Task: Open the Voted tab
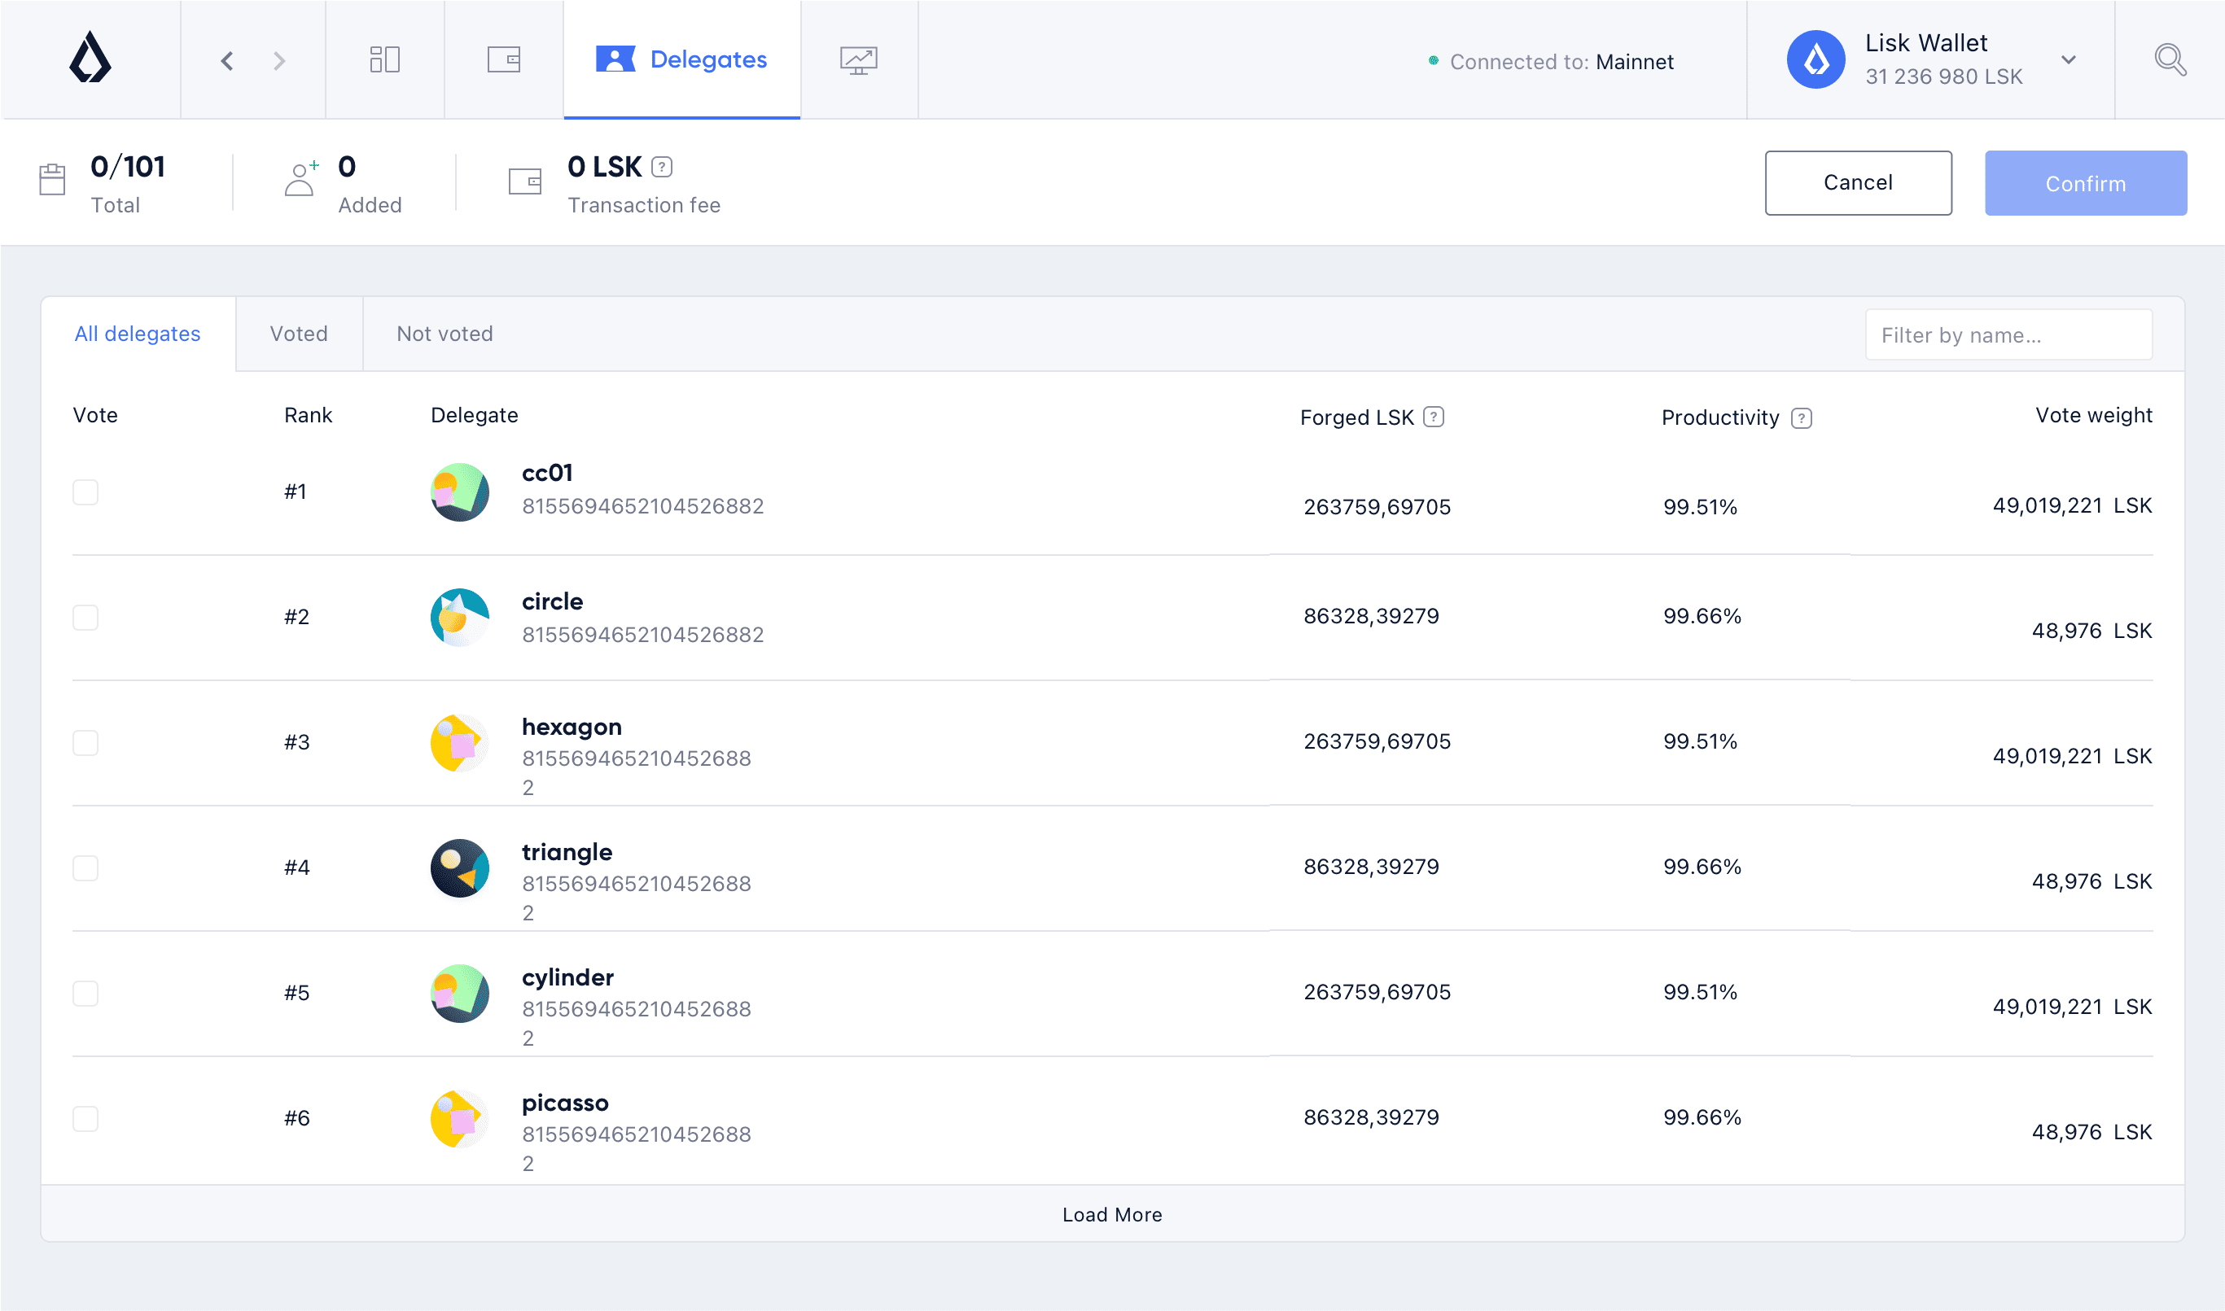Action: [x=299, y=334]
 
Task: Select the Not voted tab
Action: [x=445, y=334]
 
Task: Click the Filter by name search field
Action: [x=2008, y=334]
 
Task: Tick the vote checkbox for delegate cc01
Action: [x=85, y=492]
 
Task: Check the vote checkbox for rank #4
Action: [x=85, y=867]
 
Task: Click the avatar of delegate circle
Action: [x=459, y=618]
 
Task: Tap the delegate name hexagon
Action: [x=572, y=727]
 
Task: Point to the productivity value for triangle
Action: [x=1702, y=867]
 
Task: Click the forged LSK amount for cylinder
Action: [x=1377, y=992]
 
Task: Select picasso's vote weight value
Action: [x=2091, y=1132]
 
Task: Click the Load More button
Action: [x=1111, y=1215]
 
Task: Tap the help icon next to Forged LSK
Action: [x=1433, y=417]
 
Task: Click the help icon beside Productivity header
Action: [x=1801, y=417]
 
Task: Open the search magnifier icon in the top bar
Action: [x=2170, y=60]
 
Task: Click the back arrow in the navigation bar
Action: [x=227, y=60]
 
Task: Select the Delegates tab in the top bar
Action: [x=681, y=59]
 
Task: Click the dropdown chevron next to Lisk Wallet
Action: [x=2068, y=60]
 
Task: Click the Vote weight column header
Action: [x=2092, y=415]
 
